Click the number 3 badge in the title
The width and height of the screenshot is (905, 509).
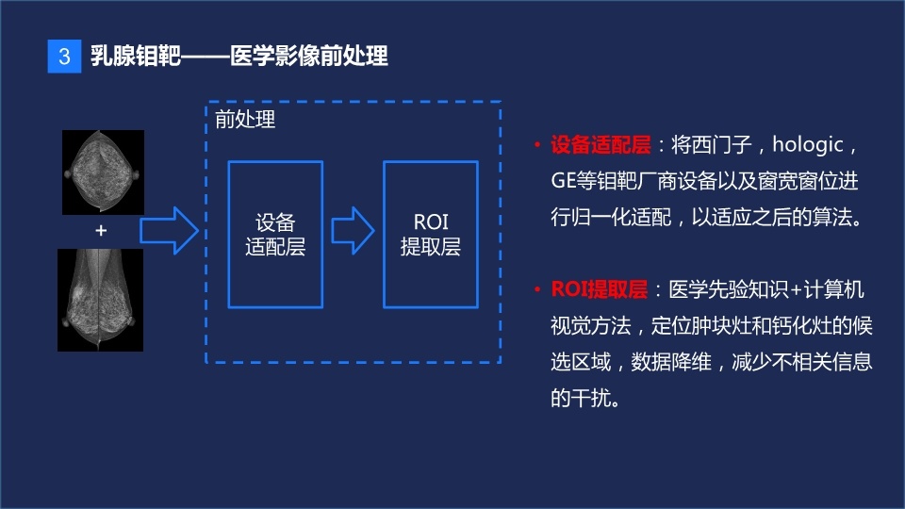64,57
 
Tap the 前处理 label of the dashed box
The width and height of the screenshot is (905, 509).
245,121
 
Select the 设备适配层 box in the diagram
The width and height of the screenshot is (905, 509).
275,234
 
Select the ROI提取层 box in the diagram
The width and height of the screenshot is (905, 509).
430,234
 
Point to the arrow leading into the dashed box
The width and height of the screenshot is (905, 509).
170,229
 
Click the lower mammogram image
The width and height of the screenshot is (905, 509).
101,300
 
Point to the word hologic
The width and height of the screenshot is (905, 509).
812,146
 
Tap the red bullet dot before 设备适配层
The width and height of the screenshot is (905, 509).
535,146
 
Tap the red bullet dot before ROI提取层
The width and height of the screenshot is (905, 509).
535,288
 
